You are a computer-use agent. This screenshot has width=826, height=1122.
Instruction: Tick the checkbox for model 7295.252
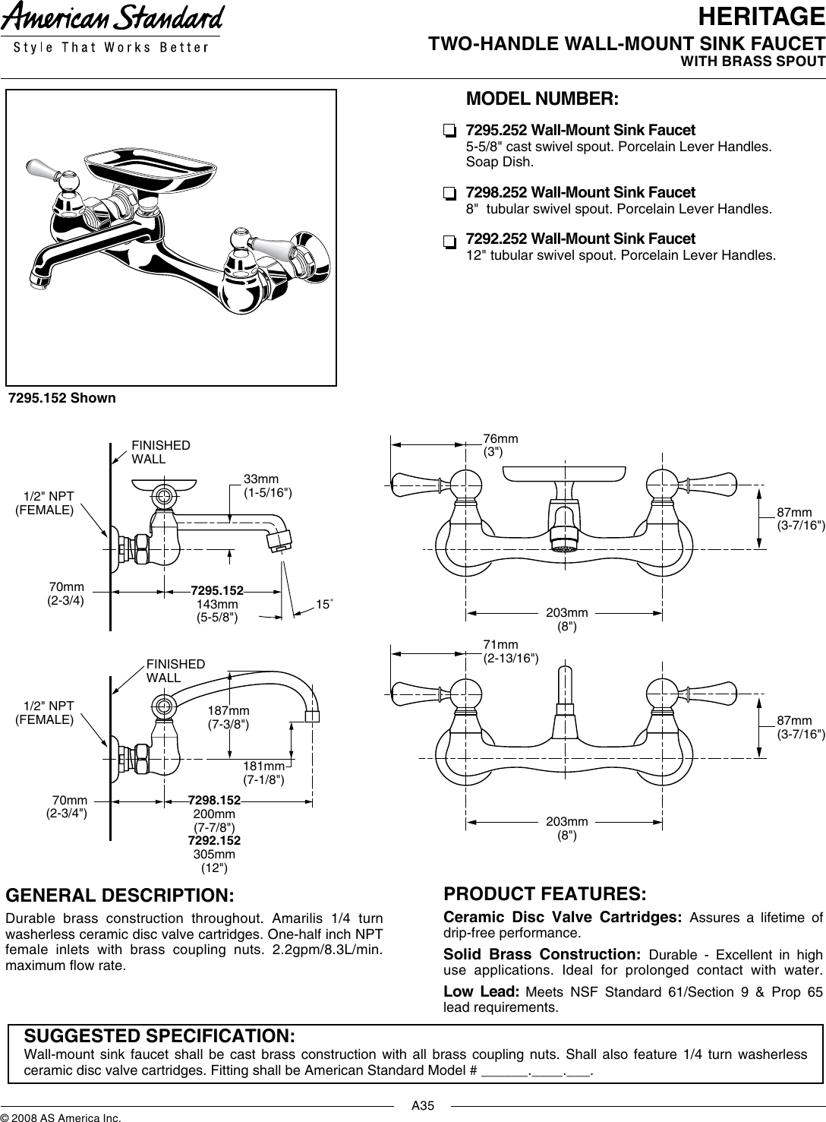point(449,130)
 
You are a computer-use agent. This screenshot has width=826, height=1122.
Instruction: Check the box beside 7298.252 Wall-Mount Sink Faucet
point(449,193)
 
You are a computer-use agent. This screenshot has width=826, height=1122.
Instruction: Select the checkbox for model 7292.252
point(449,241)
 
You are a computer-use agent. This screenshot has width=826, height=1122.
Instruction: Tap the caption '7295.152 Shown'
point(62,398)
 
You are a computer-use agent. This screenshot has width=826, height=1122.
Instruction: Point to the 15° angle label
point(325,604)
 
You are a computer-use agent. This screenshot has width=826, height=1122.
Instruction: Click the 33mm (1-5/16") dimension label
point(267,486)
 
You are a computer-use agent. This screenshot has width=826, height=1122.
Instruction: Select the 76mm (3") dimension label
point(501,444)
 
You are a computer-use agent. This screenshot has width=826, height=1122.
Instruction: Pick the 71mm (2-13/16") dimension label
point(511,651)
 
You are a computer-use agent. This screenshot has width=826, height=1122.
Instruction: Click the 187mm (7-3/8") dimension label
point(229,717)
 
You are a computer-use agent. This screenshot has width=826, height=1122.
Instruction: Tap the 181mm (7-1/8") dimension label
point(263,773)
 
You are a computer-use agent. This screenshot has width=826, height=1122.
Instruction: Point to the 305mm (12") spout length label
point(214,861)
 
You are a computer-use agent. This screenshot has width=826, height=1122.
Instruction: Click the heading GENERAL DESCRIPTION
point(120,894)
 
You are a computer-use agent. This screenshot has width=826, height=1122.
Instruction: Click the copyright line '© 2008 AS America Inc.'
point(61,1117)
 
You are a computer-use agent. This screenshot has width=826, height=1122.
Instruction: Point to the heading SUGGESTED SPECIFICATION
point(160,1036)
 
